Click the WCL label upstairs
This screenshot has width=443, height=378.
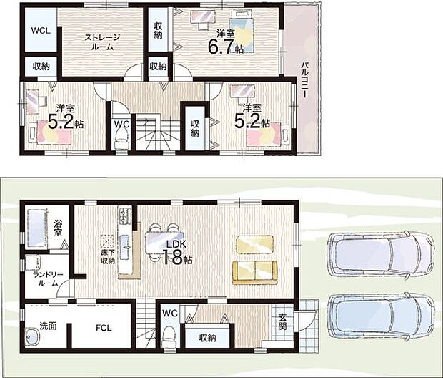[41, 31]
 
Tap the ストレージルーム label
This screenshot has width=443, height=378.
[102, 42]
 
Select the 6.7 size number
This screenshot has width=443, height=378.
[221, 46]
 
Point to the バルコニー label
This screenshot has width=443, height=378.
[304, 79]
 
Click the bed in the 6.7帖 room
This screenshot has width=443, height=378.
[241, 31]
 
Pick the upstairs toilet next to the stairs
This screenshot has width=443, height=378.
[121, 140]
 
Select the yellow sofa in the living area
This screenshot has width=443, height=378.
[255, 273]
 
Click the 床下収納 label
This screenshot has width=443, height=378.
[108, 257]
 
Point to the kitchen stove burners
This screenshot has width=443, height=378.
[125, 215]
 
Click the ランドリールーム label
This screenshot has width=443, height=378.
[48, 279]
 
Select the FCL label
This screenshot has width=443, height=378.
[104, 328]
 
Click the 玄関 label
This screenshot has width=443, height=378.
[282, 321]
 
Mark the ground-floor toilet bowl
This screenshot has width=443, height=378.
[169, 336]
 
